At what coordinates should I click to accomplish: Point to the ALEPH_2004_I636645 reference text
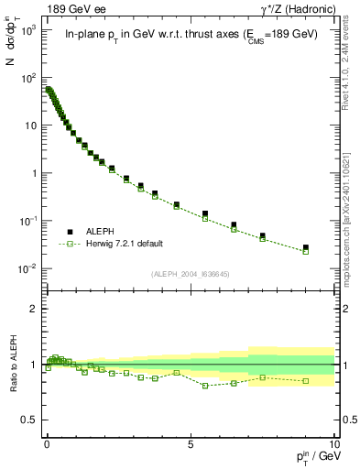190,274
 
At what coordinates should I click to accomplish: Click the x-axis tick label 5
191,442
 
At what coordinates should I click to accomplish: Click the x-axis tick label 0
47,442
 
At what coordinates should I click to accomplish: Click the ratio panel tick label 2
33,310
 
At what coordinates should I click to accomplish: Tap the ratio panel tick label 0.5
29,420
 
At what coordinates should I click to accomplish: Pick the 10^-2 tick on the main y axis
28,268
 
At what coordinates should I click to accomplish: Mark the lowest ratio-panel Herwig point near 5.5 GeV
205,386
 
